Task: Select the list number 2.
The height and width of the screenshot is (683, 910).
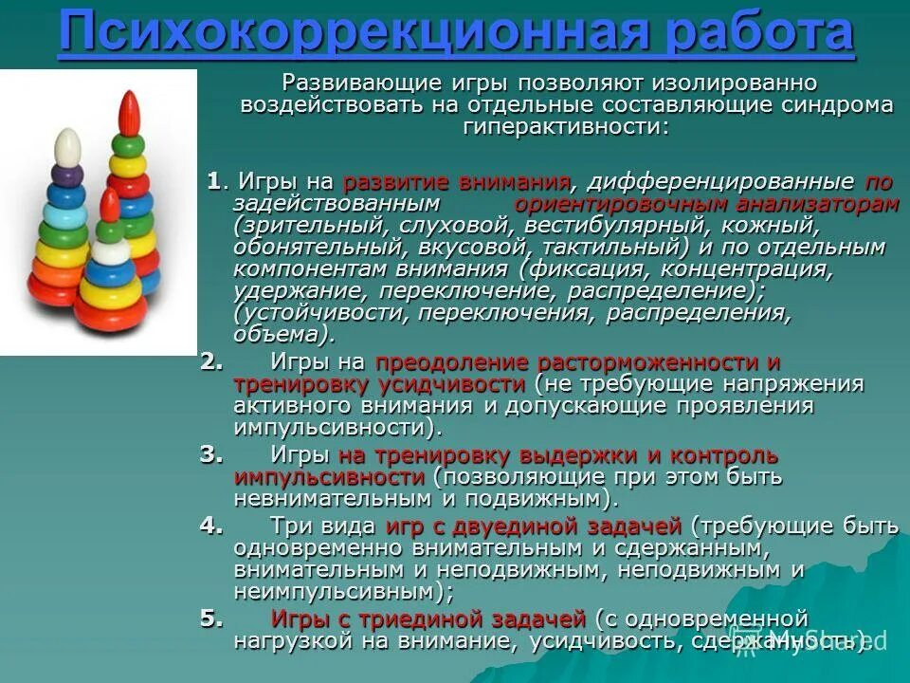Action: pos(211,361)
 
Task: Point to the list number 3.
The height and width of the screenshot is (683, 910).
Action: pos(211,454)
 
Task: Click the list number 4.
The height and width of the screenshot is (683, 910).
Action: pos(211,525)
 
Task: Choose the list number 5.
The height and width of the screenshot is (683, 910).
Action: pos(211,618)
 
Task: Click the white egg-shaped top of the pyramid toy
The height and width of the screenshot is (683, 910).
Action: pos(65,150)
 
